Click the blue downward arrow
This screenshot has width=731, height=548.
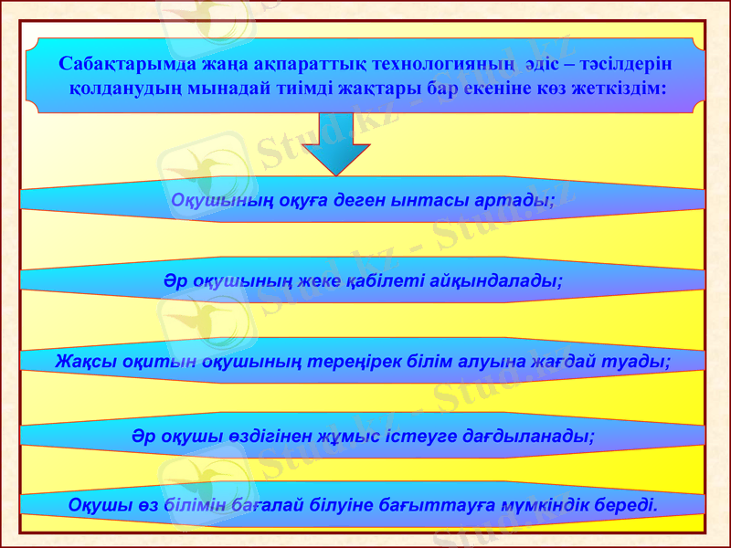tap(335, 144)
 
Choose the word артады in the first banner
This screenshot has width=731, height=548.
tap(521, 200)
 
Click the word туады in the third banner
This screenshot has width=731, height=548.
tap(642, 361)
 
